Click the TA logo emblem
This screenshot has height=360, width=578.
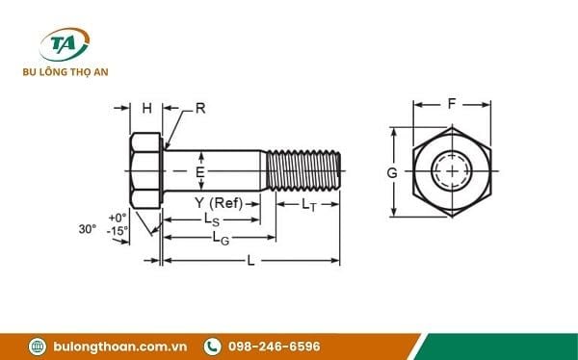pos(64,45)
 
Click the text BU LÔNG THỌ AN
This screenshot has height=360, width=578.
pos(64,73)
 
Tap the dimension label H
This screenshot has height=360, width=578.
pos(146,109)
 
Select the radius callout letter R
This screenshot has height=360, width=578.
pos(200,108)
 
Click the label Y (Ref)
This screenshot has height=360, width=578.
pos(218,202)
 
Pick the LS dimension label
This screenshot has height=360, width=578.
pos(210,219)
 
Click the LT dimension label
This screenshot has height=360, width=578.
pos(308,204)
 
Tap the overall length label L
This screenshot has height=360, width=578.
pos(251,260)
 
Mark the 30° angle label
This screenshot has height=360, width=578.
pos(87,229)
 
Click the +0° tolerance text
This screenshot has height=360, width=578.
pos(118,218)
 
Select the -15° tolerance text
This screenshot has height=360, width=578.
pos(118,231)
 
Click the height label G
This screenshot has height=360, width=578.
pos(392,172)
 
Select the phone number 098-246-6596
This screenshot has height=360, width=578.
pos(275,346)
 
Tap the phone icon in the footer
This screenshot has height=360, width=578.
pos(211,346)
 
